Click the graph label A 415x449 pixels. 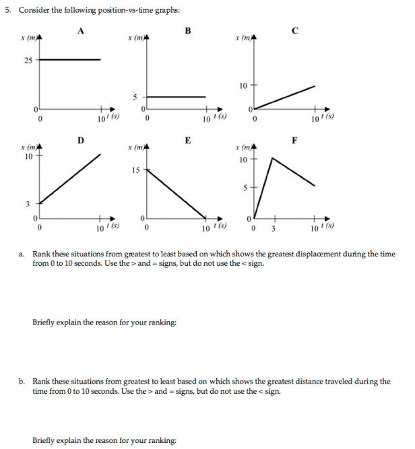pos(81,30)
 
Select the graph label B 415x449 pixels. pos(187,30)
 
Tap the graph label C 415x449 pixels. pos(295,30)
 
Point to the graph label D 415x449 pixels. pos(81,140)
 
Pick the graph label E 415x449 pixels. pos(187,140)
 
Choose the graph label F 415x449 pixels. pos(294,140)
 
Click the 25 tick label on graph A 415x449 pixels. pos(28,60)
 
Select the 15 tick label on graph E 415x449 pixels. pos(135,170)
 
